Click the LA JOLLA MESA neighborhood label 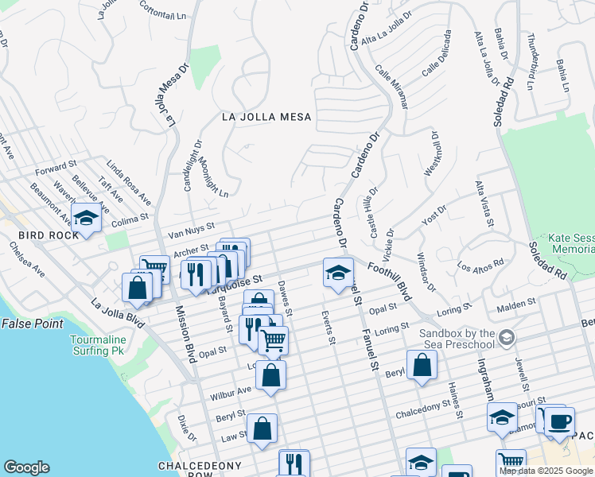point(266,117)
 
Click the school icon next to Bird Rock point(86,217)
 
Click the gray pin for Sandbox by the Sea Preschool point(505,340)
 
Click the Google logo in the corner point(26,467)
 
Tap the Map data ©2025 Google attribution point(546,471)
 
